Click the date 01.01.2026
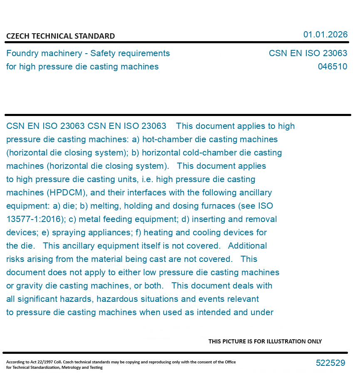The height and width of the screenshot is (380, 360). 325,35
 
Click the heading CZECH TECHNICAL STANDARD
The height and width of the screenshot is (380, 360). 60,36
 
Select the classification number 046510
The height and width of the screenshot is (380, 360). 332,67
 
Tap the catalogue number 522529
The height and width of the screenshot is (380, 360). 330,363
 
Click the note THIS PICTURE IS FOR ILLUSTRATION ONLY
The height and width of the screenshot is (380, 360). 265,341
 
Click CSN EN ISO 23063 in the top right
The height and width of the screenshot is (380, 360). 308,53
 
